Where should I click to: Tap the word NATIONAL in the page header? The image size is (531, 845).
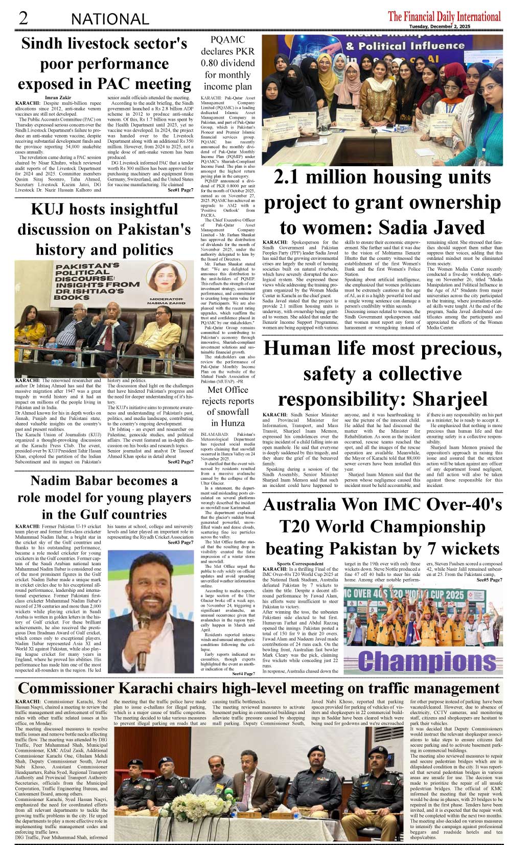point(110,19)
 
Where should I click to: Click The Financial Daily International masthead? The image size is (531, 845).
point(444,16)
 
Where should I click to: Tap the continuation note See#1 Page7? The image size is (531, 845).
point(180,190)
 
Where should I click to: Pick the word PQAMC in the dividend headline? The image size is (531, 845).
point(227,40)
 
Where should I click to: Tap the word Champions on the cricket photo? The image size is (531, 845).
point(427,661)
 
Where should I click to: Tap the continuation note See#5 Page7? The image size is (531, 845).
point(489,580)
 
